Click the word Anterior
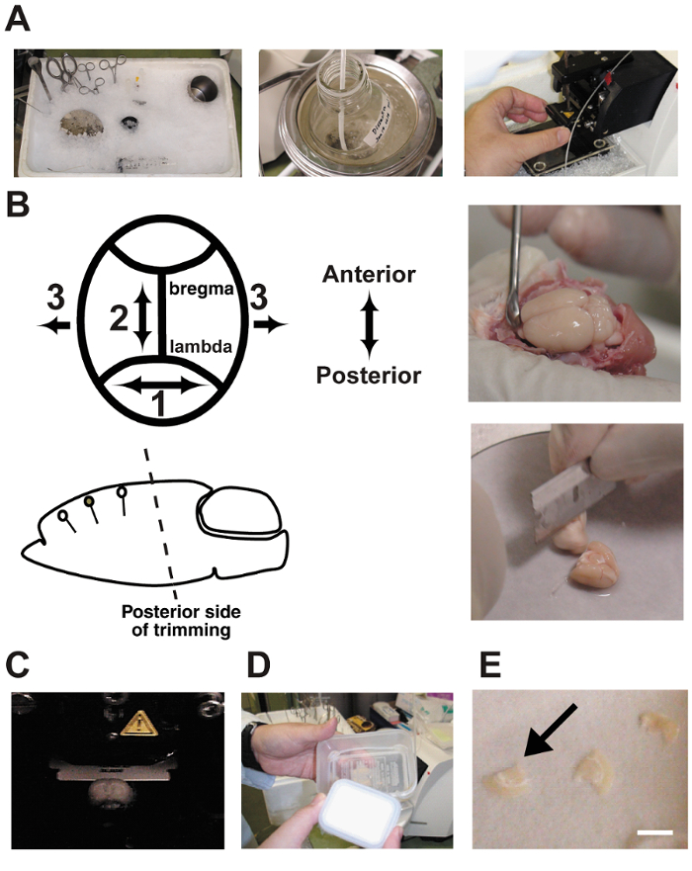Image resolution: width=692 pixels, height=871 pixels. (369, 274)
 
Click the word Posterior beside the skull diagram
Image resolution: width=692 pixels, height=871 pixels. (369, 376)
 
